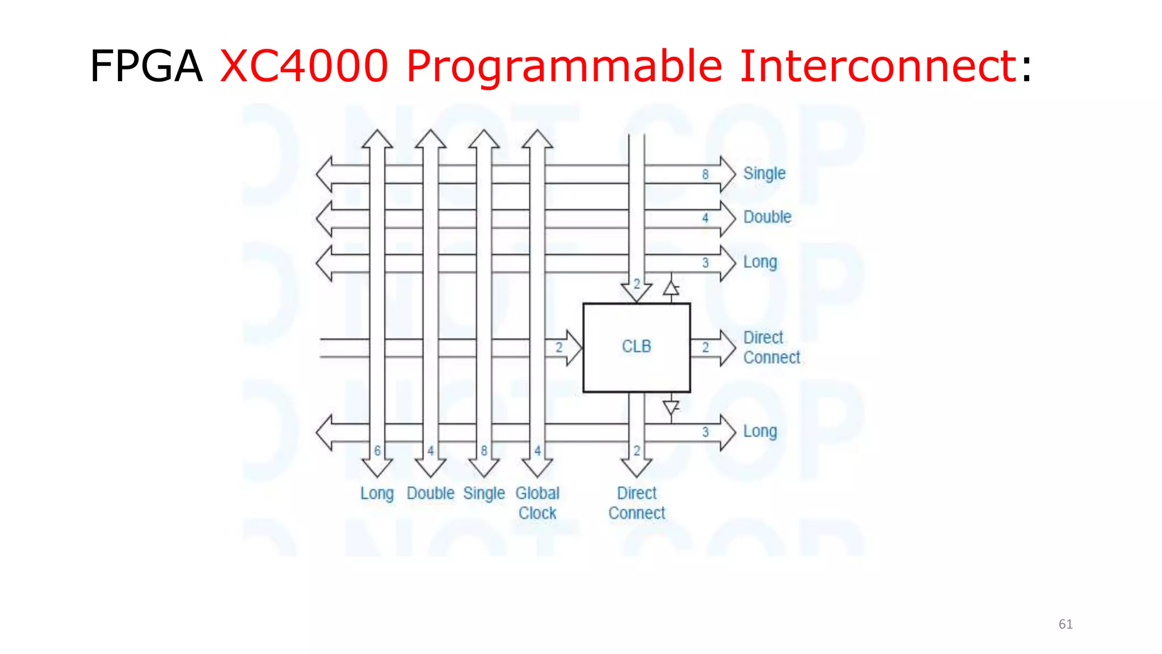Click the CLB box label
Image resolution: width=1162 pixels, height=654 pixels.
(636, 346)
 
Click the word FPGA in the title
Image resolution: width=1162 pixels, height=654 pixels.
(146, 66)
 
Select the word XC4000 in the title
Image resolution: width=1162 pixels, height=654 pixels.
(304, 66)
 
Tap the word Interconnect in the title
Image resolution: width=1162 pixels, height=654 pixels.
(878, 66)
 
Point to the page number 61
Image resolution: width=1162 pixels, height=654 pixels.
(1066, 624)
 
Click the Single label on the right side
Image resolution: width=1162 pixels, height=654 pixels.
(764, 174)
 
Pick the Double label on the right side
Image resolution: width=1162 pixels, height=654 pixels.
(767, 217)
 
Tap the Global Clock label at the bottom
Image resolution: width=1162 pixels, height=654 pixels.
(537, 503)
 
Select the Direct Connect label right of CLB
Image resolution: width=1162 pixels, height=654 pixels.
(771, 347)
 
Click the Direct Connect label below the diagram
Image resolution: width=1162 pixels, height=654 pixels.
(637, 503)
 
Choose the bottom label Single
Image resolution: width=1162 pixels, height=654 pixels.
(483, 493)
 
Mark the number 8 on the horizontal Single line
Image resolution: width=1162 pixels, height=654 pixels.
(705, 174)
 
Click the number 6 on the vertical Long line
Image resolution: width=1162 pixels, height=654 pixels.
(377, 451)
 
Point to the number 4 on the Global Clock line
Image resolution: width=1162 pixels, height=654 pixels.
(537, 451)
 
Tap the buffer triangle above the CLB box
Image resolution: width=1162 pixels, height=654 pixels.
(671, 289)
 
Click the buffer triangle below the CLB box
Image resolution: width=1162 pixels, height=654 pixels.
(671, 407)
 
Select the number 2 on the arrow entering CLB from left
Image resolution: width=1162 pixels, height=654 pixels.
(559, 347)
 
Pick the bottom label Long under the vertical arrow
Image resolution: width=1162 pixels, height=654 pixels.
(377, 493)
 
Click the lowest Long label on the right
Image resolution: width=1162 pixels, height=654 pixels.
(760, 431)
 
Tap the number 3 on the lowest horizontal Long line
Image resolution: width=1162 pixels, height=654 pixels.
(705, 432)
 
